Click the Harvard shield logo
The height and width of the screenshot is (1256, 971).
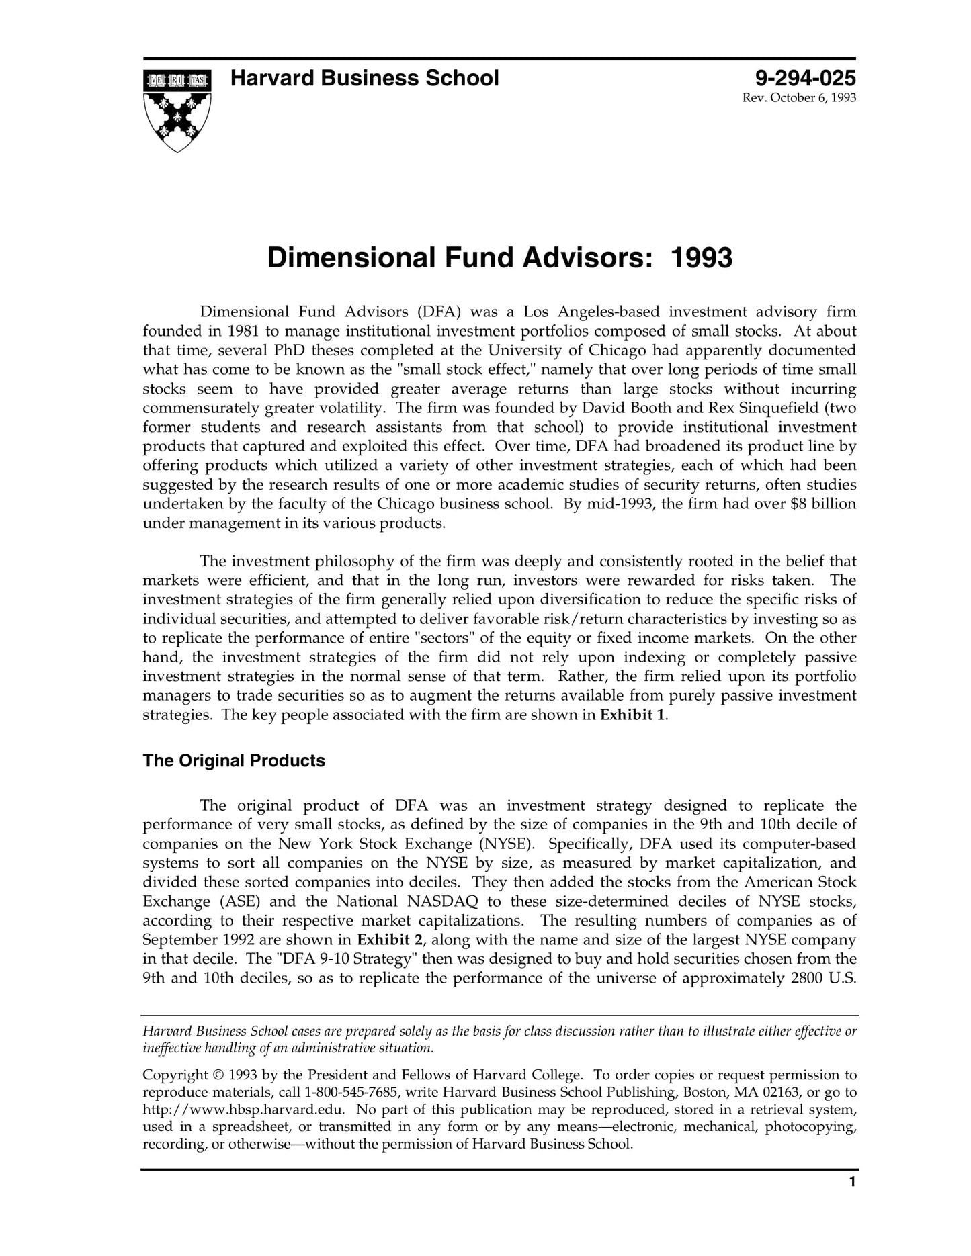click(177, 109)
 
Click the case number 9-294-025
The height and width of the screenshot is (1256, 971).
click(805, 79)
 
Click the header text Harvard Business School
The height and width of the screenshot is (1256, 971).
click(364, 79)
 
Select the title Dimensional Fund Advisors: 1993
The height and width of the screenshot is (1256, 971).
click(499, 259)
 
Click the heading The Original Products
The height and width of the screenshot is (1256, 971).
click(233, 760)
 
